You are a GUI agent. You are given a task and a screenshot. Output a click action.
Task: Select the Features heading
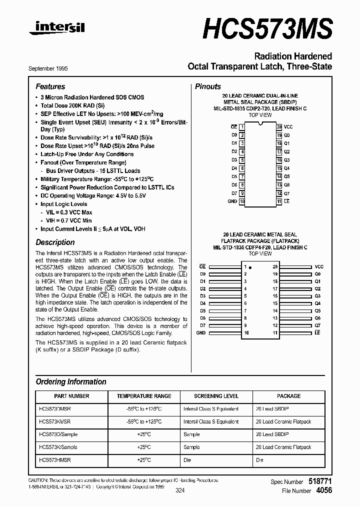tap(50, 86)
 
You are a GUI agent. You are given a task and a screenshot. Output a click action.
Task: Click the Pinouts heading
tap(208, 86)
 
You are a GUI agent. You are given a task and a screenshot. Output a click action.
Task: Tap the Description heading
tap(55, 242)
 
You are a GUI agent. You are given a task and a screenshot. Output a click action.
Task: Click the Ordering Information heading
tap(71, 381)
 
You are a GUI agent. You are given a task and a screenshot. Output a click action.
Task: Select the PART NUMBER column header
tap(71, 396)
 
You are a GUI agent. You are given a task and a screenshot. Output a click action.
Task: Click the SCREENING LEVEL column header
tap(216, 396)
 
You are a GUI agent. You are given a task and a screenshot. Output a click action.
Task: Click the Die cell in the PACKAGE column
tap(259, 460)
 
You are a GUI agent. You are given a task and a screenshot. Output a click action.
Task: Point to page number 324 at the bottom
tap(180, 491)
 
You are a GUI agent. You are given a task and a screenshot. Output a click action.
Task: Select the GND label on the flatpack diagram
tap(201, 332)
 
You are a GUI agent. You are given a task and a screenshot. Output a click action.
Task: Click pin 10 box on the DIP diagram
tap(242, 201)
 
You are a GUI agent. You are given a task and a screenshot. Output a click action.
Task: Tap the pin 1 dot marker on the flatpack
tap(250, 267)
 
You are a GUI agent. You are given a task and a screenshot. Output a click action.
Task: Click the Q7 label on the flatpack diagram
tap(317, 325)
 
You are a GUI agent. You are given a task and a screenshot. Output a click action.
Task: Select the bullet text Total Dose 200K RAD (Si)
tap(72, 105)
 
